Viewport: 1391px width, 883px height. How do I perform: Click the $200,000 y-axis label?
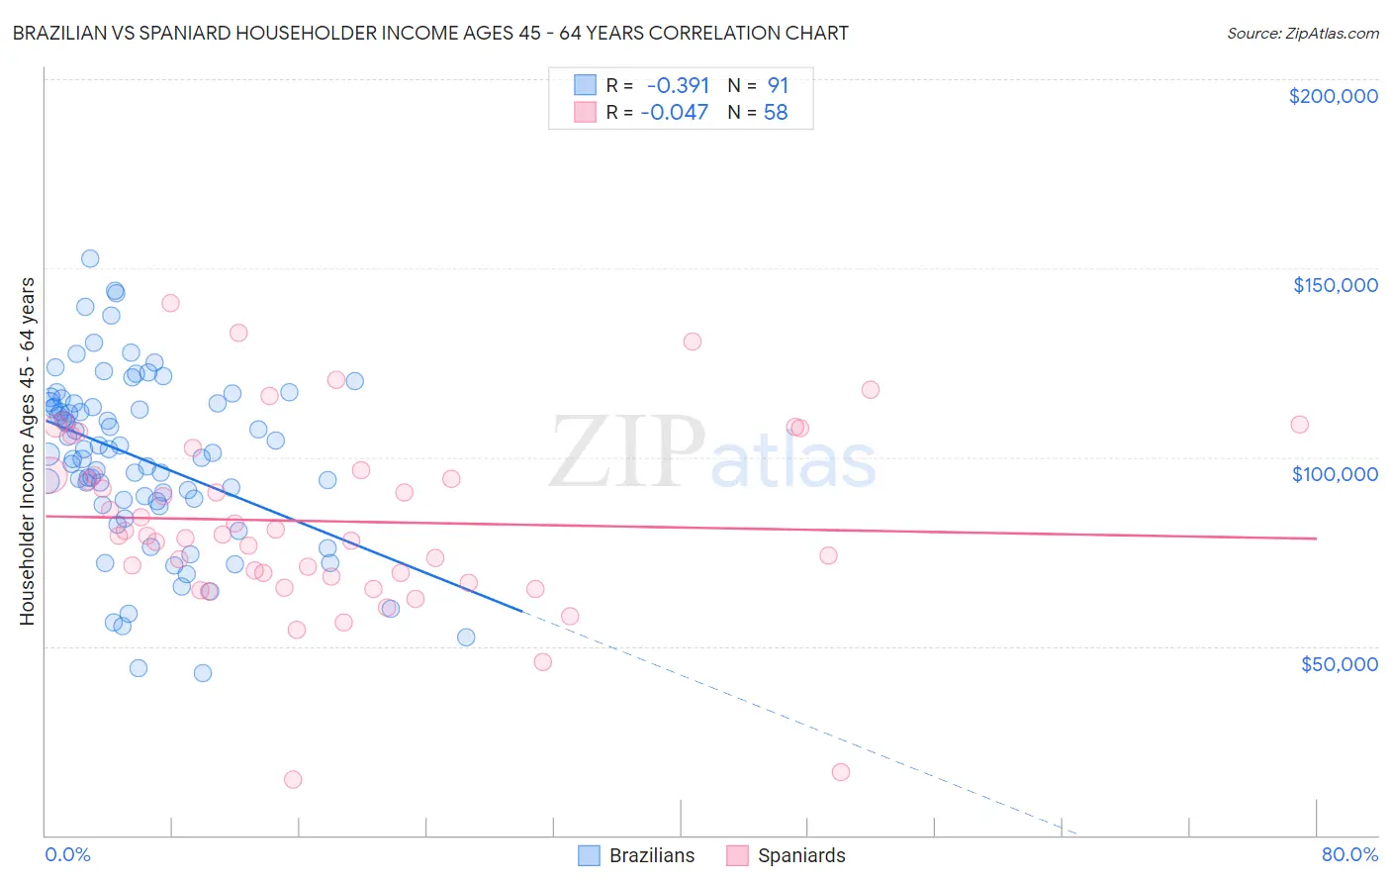1333,96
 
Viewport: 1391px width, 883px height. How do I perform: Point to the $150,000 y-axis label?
1335,285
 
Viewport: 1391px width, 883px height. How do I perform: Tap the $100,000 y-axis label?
1335,474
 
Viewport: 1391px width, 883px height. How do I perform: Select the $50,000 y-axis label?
1339,664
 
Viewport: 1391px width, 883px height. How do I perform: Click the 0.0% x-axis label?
67,854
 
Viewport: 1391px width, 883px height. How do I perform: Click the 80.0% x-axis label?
1349,854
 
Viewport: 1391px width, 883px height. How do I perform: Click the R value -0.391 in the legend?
678,85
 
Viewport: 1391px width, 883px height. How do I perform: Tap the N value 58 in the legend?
776,113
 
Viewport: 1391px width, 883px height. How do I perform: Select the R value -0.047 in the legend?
675,113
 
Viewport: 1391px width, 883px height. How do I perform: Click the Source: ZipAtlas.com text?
1302,33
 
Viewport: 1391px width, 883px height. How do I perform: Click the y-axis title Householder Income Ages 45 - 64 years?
28,451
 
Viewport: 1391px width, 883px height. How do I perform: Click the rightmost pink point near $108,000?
1299,424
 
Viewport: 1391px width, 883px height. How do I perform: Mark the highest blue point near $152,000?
90,258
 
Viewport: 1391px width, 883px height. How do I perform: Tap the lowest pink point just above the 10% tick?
293,779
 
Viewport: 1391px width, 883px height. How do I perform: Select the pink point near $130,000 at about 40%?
693,342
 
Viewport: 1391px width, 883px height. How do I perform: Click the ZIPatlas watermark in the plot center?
712,452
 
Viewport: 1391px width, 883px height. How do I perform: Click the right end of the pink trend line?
1316,538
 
